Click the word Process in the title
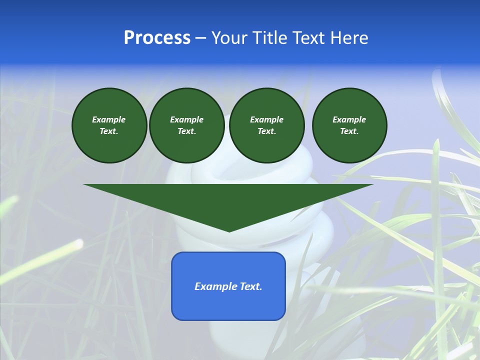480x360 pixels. click(157, 38)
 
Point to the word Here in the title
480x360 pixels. click(348, 38)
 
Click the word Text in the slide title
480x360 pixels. click(309, 38)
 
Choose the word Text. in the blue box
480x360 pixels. click(249, 286)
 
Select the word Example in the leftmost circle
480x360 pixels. click(109, 119)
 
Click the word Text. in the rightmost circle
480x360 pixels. click(349, 131)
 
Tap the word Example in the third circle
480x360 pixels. click(266, 119)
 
